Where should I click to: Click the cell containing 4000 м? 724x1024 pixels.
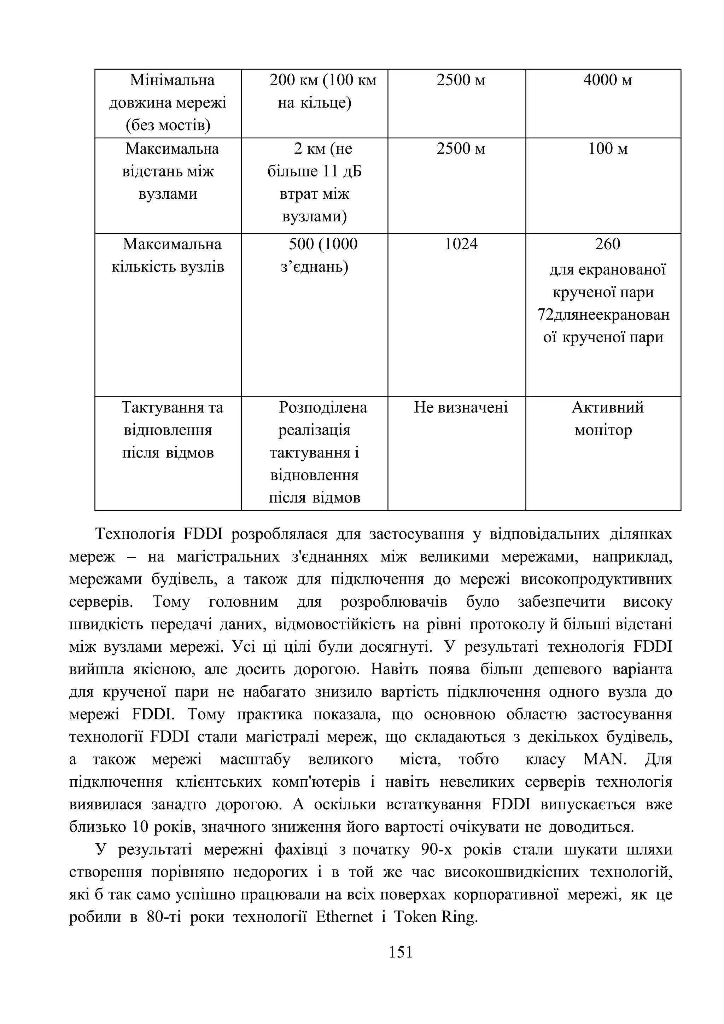pyautogui.click(x=607, y=81)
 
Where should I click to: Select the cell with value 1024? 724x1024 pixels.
pyautogui.click(x=461, y=244)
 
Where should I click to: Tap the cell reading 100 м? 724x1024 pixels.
pyautogui.click(x=607, y=149)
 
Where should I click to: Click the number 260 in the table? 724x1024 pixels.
pyautogui.click(x=607, y=244)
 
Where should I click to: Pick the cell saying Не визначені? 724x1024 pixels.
pyautogui.click(x=461, y=408)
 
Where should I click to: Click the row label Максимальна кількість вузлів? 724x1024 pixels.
pyautogui.click(x=168, y=256)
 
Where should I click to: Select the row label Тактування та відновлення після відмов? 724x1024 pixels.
pyautogui.click(x=168, y=430)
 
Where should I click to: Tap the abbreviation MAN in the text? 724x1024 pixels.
pyautogui.click(x=605, y=759)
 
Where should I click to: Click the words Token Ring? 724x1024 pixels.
pyautogui.click(x=435, y=917)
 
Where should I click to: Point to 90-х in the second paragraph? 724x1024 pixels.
pyautogui.click(x=437, y=849)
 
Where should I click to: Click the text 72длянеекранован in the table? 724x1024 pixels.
pyautogui.click(x=604, y=315)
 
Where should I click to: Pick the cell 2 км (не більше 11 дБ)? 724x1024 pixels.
pyautogui.click(x=315, y=182)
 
